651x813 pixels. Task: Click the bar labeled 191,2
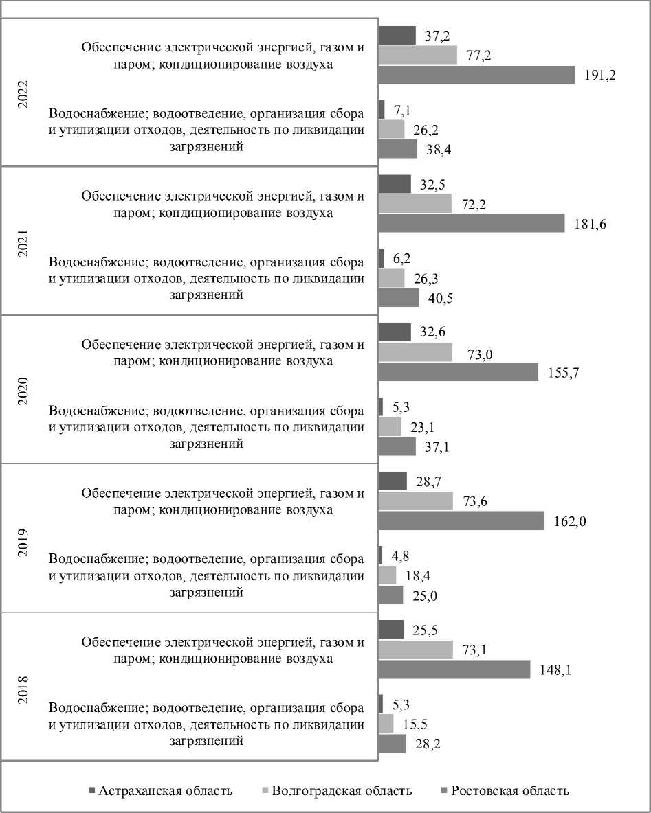pos(476,75)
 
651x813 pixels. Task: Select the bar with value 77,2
pos(417,55)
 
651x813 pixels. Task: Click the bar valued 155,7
pos(458,372)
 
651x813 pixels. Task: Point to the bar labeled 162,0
pos(461,520)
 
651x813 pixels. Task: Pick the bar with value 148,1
pos(454,669)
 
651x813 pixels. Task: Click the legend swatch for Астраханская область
pos(92,790)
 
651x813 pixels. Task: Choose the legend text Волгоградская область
pos(342,790)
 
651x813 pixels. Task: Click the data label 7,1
pos(402,110)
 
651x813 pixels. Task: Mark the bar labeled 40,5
pos(399,298)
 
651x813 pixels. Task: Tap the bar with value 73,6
pos(416,501)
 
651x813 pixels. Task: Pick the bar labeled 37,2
pos(397,35)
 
